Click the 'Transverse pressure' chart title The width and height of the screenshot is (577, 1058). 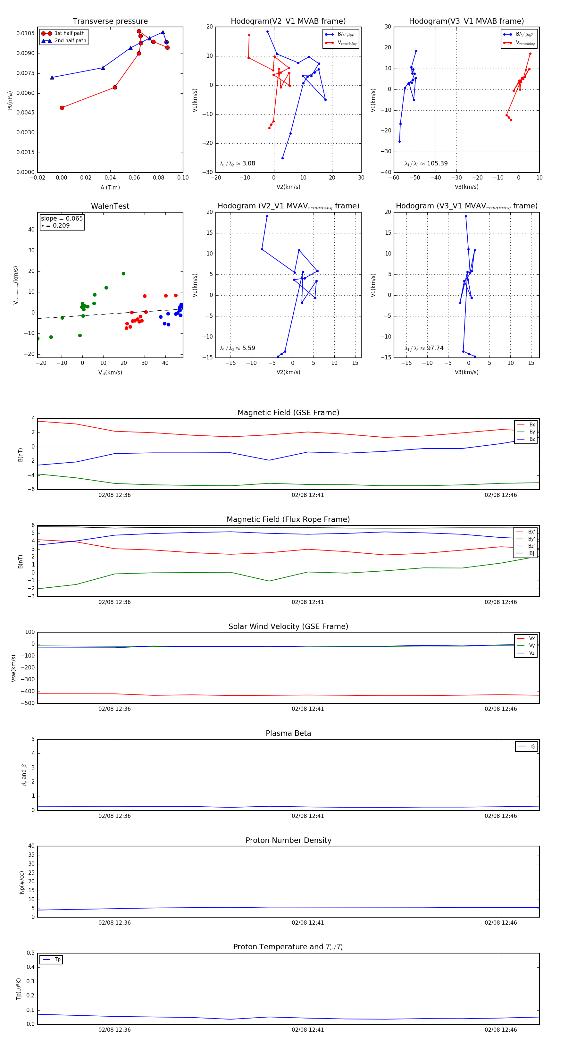(x=110, y=21)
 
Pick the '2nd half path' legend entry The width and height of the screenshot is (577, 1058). (x=70, y=41)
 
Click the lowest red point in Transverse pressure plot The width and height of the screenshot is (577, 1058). (x=62, y=108)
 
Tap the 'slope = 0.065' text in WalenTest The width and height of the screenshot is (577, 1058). (x=62, y=219)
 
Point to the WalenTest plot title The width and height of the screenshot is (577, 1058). (x=110, y=206)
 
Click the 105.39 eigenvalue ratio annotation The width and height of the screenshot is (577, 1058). (x=437, y=164)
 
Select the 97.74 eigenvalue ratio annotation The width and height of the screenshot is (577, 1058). (x=435, y=348)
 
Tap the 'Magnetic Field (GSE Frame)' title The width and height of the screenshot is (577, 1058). (x=288, y=413)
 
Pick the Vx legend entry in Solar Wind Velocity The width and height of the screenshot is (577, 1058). (x=532, y=639)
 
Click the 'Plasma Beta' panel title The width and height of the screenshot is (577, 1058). (x=288, y=734)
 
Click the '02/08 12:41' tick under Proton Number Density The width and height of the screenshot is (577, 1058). (x=308, y=923)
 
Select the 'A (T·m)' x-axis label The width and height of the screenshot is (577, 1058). (x=110, y=188)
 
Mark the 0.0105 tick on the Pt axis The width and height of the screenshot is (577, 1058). (x=25, y=34)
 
